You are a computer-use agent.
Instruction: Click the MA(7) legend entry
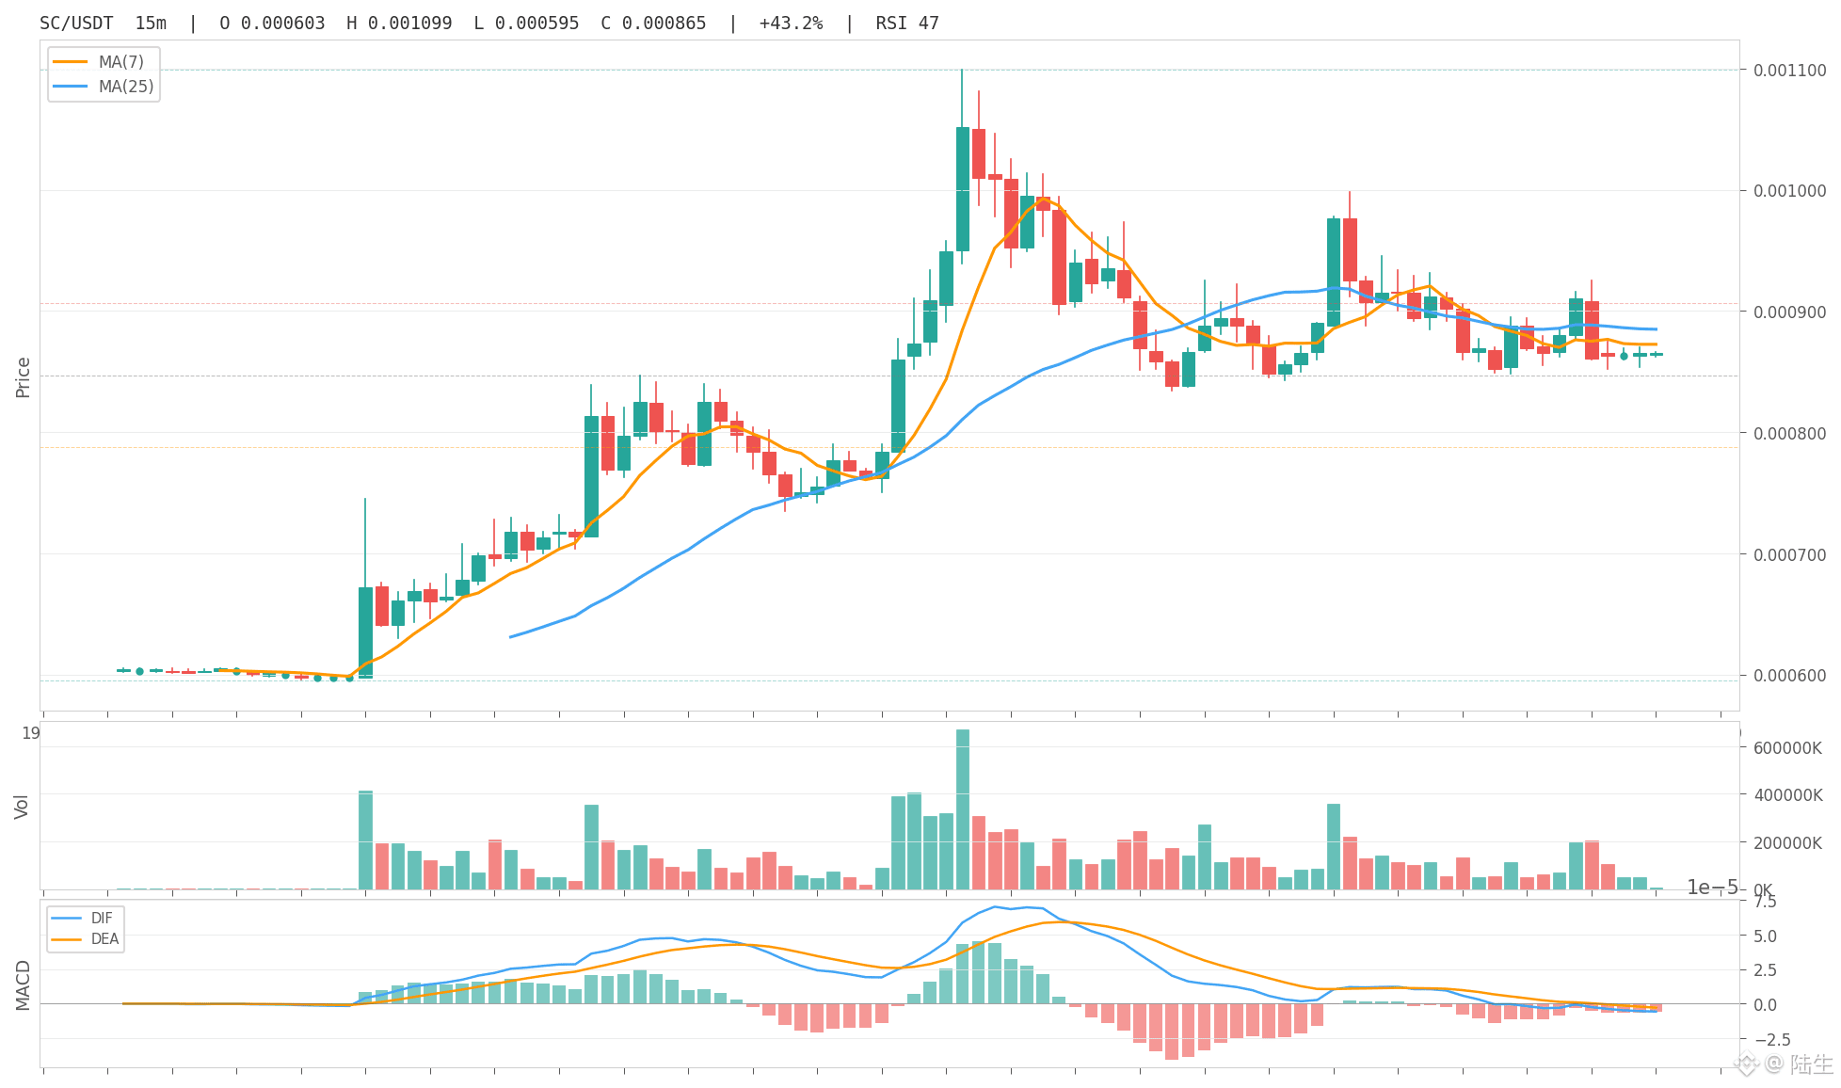pos(104,62)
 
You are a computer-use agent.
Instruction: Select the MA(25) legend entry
pos(104,87)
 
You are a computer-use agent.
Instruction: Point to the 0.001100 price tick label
pos(1789,71)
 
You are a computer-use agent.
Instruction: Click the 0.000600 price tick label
pos(1789,676)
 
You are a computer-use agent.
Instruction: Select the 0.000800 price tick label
pos(1789,434)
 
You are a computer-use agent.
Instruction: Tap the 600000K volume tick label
pos(1787,748)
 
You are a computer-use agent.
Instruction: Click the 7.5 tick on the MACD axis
pos(1765,902)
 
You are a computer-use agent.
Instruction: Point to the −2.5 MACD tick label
pos(1768,1039)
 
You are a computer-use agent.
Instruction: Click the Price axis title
pos(24,377)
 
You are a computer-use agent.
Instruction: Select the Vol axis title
pos(22,807)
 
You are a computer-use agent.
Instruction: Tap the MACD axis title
pos(23,985)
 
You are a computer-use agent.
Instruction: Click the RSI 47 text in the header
pos(907,24)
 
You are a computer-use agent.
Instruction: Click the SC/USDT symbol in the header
pos(76,24)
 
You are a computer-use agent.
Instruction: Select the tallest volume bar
pos(963,809)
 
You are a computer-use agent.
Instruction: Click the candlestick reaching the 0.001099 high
pos(963,188)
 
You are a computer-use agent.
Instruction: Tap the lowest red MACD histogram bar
pos(1172,1032)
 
